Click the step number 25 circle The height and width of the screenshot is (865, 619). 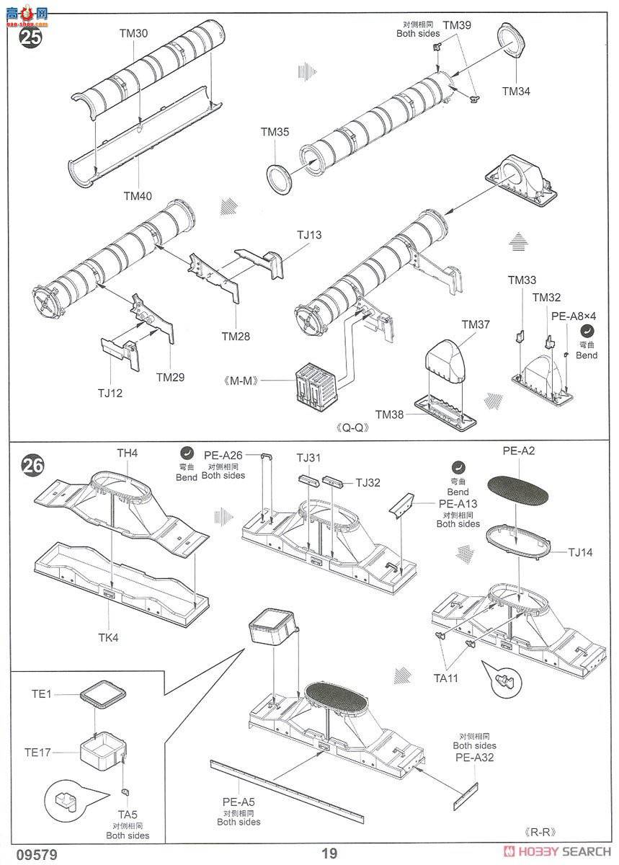30,37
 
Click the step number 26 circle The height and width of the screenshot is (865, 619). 32,466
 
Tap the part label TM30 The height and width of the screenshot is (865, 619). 133,33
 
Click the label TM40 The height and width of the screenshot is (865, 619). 138,196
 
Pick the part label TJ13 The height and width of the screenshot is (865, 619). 309,235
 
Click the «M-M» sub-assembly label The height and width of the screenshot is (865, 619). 241,381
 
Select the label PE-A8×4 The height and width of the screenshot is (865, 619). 574,316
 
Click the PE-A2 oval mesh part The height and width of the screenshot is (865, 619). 517,489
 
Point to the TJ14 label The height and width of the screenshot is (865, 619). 580,553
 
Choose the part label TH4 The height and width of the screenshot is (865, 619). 128,453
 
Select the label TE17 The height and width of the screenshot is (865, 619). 37,753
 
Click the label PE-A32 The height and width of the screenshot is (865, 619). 475,757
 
